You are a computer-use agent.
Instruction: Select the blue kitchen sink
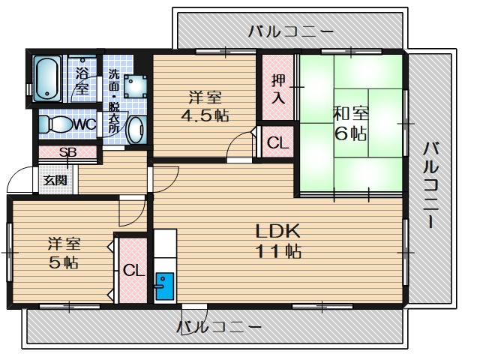pos(163,286)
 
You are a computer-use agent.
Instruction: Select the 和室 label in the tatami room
pos(350,114)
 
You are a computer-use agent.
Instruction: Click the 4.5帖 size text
pos(204,116)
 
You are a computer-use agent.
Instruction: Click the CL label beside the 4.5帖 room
pos(277,143)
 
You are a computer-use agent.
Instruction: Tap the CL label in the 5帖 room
pos(133,270)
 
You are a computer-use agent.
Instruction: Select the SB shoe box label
pos(67,152)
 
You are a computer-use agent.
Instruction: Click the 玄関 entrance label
pos(55,180)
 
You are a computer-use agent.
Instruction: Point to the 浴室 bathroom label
pos(82,79)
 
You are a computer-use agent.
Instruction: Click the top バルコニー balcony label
pos(290,31)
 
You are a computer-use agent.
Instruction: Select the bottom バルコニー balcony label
pos(220,328)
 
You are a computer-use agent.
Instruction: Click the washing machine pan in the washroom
pos(136,84)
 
